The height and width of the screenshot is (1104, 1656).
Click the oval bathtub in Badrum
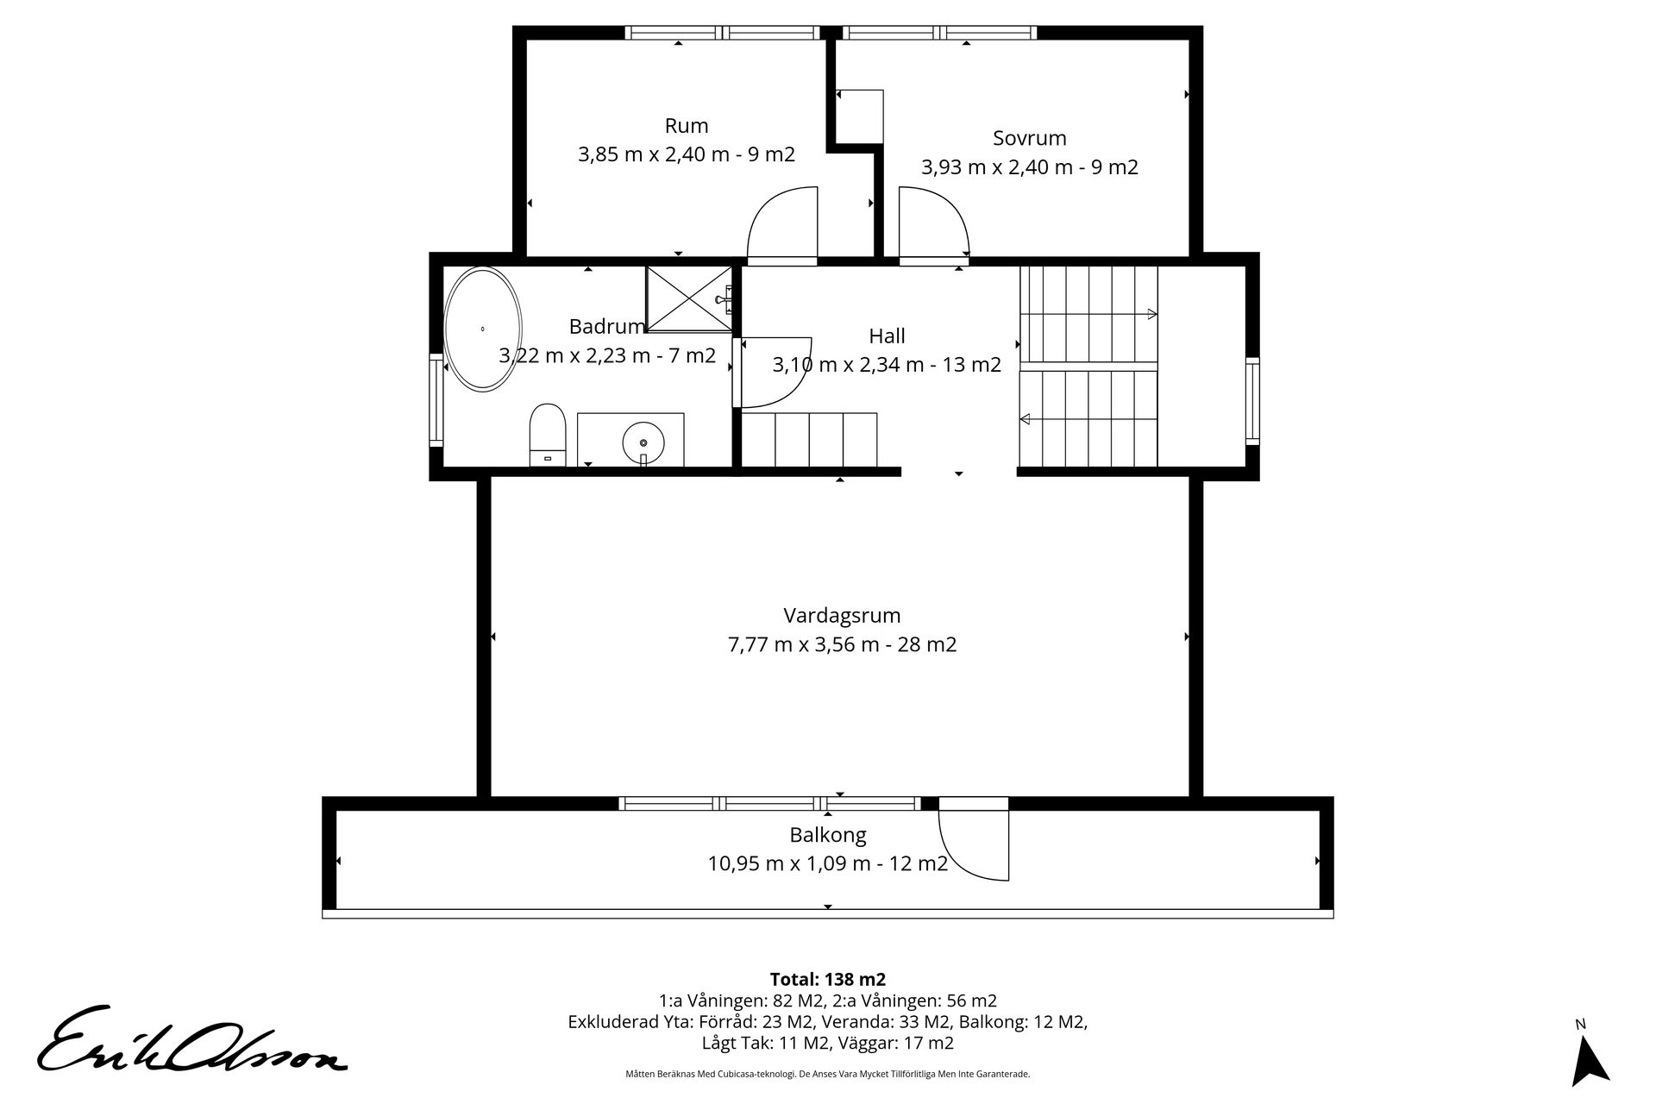click(483, 329)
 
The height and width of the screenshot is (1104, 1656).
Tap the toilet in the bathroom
click(547, 435)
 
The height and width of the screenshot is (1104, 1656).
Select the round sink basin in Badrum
click(643, 442)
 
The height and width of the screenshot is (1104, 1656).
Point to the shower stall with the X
click(688, 298)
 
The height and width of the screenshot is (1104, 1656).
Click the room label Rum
click(687, 126)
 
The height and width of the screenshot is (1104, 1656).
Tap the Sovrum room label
click(1030, 138)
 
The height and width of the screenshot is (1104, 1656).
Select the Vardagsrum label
click(842, 616)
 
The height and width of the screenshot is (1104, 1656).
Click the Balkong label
click(828, 835)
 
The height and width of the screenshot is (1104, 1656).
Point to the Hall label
click(887, 336)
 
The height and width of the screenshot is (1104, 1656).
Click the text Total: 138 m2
click(828, 980)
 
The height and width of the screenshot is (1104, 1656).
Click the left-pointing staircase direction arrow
click(1088, 420)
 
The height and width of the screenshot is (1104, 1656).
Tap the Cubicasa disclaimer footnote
click(828, 1075)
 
